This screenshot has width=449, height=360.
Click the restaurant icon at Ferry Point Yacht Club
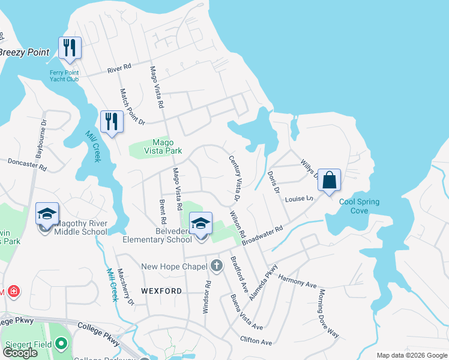click(70, 48)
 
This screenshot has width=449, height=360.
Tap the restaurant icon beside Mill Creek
click(111, 122)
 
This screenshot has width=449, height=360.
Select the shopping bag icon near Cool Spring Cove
click(330, 180)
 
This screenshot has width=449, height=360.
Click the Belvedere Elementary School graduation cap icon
click(200, 224)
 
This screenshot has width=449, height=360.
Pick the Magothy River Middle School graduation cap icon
click(46, 214)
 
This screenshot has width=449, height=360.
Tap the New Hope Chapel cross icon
click(215, 265)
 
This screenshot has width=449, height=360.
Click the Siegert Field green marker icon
click(61, 344)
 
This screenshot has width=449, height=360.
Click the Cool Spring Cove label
click(359, 206)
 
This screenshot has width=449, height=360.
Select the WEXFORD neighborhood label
click(161, 291)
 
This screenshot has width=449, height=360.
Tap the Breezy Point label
click(24, 52)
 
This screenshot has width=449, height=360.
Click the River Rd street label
click(119, 68)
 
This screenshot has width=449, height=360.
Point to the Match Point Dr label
click(133, 107)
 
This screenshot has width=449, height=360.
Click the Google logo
click(20, 353)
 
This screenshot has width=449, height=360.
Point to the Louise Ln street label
click(300, 199)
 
